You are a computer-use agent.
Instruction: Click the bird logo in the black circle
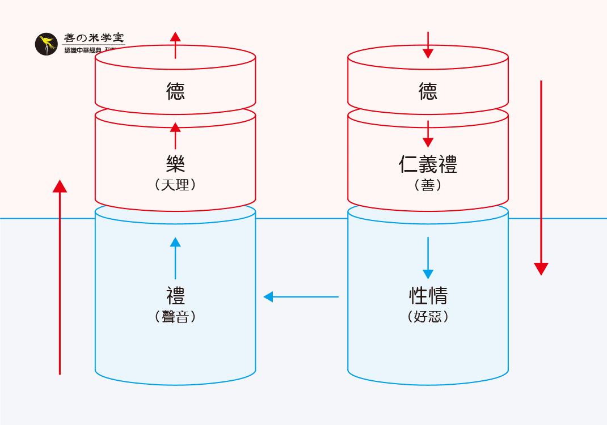coord(47,44)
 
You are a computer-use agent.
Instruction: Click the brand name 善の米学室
coord(94,38)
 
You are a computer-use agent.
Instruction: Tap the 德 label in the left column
coord(175,91)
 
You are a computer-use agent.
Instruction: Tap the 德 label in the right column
coord(428,91)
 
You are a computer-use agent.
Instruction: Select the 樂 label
coord(175,164)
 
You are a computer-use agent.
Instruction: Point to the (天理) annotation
coord(175,184)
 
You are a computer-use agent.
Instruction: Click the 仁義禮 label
coord(428,164)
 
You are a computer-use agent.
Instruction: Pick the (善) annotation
coord(428,184)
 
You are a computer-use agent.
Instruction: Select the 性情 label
coord(428,296)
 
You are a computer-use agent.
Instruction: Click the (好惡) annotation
coord(428,316)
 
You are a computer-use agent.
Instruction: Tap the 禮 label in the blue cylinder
coord(175,296)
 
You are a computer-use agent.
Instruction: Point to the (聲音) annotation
coord(175,316)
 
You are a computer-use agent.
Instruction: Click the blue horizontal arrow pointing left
coord(301,296)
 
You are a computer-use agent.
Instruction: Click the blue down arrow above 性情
coord(428,257)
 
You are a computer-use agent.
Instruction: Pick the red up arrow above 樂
coord(175,135)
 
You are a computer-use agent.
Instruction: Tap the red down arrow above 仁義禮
coord(428,134)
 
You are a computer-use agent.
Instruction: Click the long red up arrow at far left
coord(60,278)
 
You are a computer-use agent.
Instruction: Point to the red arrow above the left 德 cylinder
coord(175,45)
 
